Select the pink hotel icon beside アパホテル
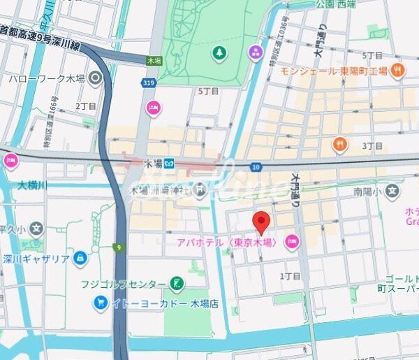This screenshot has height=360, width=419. point(291,243)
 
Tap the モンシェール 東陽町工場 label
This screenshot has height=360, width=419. point(335,70)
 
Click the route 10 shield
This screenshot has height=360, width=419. point(256,166)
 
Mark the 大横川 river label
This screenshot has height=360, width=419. point(32,186)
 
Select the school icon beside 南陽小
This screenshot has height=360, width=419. point(393,189)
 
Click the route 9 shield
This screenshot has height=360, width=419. point(119,247)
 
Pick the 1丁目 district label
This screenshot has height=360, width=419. point(290,276)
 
